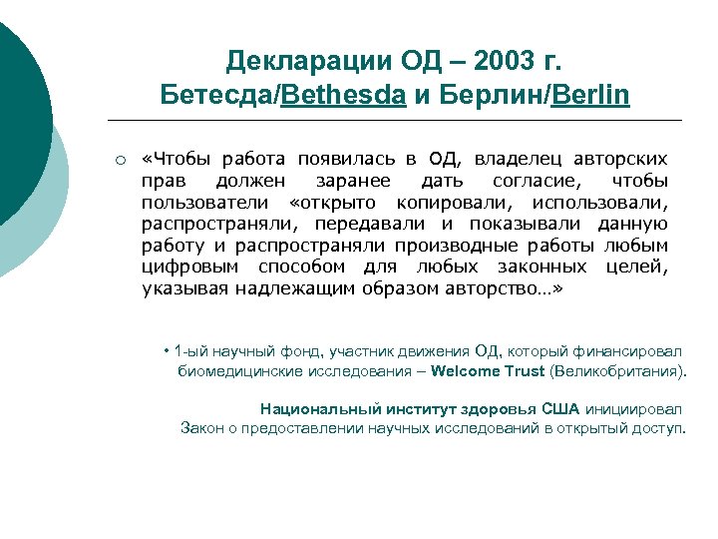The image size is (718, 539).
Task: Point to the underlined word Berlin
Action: [589, 96]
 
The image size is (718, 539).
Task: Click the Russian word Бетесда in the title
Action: [215, 96]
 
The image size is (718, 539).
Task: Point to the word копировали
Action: [440, 203]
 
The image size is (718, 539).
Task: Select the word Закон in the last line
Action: [202, 428]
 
